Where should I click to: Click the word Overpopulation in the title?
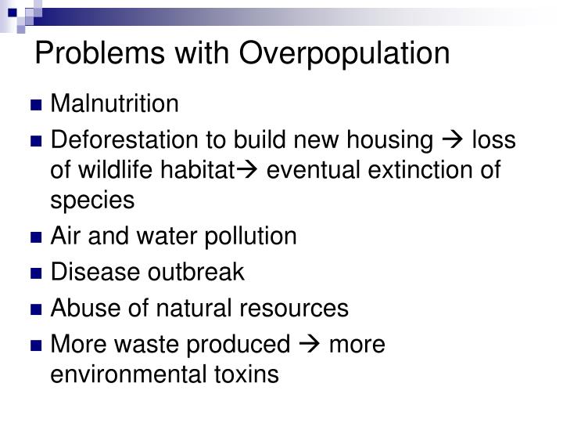click(x=345, y=53)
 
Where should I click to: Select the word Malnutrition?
click(x=115, y=103)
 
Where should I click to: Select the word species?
click(x=92, y=200)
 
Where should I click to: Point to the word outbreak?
click(x=196, y=273)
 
